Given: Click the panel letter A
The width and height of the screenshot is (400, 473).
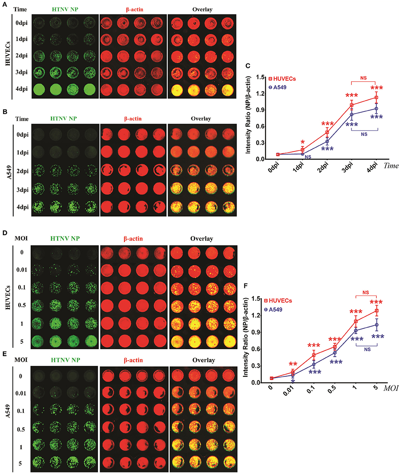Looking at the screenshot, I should click(4, 4).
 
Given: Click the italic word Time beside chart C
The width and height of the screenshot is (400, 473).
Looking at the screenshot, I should click(391, 165).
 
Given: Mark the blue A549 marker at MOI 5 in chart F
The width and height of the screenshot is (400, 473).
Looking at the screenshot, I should click(376, 325).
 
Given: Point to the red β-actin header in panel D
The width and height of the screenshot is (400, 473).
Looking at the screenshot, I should click(132, 238).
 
